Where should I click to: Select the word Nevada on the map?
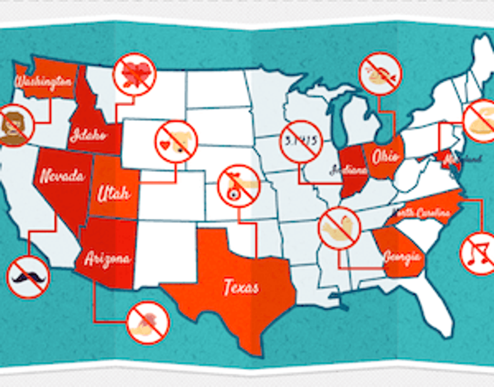point(62,176)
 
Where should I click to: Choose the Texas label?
point(241,287)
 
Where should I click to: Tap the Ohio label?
point(385,156)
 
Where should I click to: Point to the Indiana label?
point(348,170)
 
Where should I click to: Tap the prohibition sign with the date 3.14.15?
point(300,140)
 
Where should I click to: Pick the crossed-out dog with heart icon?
point(176,141)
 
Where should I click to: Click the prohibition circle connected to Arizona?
point(148,322)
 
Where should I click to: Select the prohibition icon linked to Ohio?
point(380,73)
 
